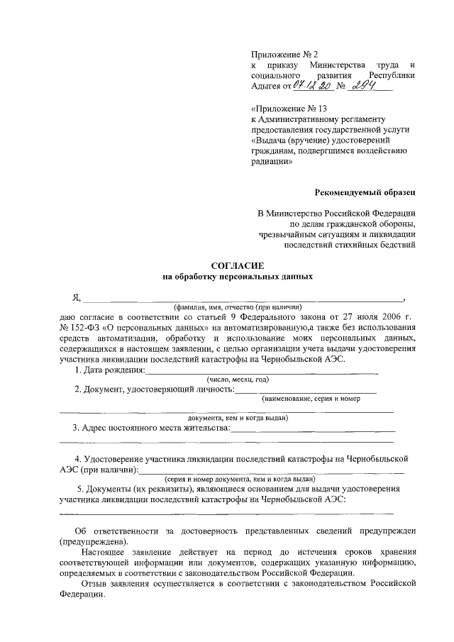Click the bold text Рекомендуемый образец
[366, 192]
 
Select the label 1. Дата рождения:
[110, 370]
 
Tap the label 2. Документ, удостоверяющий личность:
[154, 389]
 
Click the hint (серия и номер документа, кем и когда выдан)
[238, 480]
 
